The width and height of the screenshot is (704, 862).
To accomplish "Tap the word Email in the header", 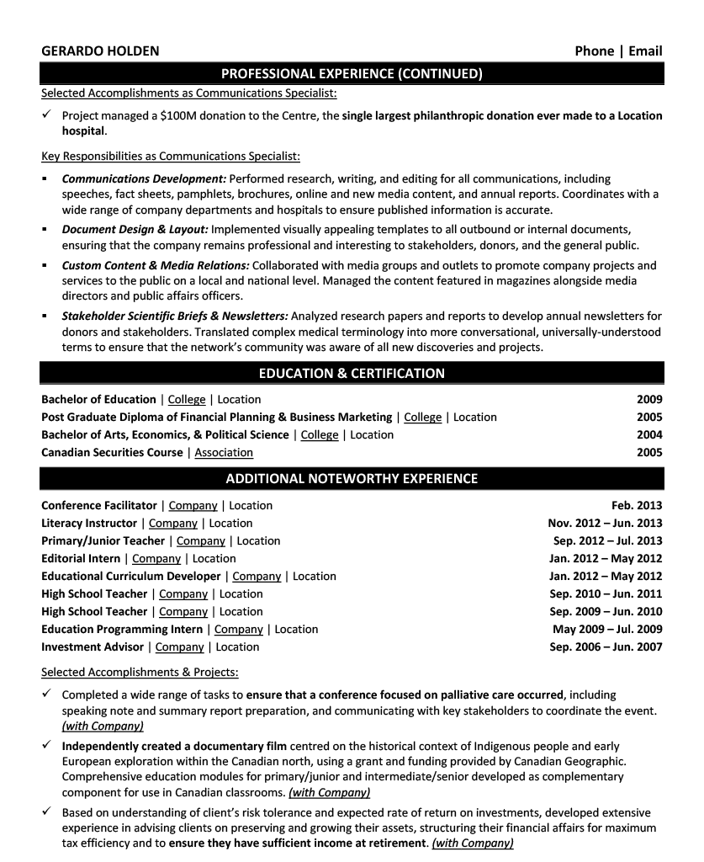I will (645, 51).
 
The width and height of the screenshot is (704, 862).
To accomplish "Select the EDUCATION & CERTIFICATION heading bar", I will (352, 373).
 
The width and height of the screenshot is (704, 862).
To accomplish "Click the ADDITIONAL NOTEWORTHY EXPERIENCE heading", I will (352, 479).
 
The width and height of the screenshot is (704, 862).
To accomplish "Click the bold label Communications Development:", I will (144, 178).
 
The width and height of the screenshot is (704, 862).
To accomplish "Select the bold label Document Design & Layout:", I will (135, 229).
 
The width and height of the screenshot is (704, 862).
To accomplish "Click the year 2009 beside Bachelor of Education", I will (649, 399).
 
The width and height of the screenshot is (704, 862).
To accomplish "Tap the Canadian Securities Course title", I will (112, 452).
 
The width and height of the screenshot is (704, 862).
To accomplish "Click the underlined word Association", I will (224, 452).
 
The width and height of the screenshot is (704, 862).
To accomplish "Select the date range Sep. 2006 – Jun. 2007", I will (606, 646).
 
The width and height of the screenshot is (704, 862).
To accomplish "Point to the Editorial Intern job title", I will (81, 558).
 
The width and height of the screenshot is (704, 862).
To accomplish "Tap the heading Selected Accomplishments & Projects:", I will (140, 672).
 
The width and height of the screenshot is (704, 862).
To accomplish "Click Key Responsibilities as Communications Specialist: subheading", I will (171, 157).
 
